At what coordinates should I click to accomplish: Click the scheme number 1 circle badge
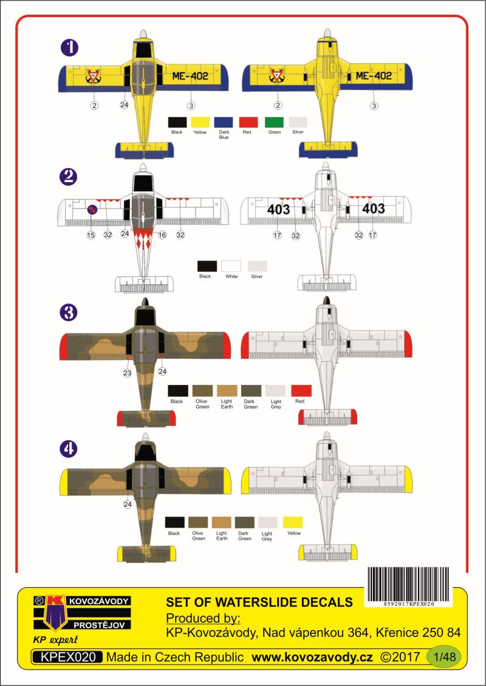[x=69, y=48]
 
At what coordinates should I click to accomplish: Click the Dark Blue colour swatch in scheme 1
[x=224, y=122]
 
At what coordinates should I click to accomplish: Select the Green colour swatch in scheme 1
[x=274, y=122]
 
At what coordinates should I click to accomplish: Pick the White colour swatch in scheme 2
[x=231, y=267]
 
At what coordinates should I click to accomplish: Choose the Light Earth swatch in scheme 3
[x=227, y=391]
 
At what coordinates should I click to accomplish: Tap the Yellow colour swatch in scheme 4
[x=293, y=522]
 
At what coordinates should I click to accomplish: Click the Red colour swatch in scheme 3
[x=301, y=391]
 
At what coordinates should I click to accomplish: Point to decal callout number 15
[x=91, y=235]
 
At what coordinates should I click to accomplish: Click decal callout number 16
[x=162, y=235]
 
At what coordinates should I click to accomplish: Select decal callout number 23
[x=127, y=373]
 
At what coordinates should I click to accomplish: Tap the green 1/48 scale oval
[x=443, y=657]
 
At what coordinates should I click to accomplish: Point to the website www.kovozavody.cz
[x=312, y=657]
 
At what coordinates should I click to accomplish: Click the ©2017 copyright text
[x=400, y=657]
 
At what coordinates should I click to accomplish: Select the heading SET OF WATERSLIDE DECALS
[x=259, y=602]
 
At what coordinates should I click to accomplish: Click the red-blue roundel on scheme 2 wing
[x=92, y=211]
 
